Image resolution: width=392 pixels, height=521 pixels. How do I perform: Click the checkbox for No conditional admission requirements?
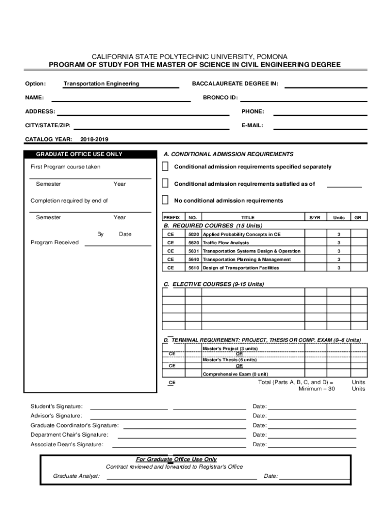[165, 199]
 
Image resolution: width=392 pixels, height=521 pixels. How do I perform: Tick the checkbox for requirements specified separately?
[165, 166]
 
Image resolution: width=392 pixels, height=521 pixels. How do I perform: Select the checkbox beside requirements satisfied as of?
[165, 183]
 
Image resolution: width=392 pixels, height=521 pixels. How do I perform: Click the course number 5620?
[193, 243]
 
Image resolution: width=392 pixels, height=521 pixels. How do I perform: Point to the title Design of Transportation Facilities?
[241, 268]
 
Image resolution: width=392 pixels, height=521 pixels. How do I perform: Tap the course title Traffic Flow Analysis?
[226, 243]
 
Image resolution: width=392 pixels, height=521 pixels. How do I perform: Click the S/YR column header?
[315, 217]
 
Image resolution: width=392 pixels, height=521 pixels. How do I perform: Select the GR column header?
[358, 217]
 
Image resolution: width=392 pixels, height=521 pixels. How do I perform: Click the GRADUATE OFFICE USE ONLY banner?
[79, 154]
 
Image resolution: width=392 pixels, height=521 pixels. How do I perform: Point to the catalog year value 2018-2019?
[94, 139]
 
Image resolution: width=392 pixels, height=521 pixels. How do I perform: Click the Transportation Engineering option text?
[101, 83]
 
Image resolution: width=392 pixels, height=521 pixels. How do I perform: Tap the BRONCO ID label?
[220, 97]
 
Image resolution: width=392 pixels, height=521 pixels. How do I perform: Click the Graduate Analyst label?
[76, 476]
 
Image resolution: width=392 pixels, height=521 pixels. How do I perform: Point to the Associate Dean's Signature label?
[67, 444]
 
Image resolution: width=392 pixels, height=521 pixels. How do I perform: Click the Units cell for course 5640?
[339, 259]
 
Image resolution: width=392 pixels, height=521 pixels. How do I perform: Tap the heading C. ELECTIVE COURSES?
[213, 284]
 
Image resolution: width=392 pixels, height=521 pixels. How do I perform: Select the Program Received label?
[54, 242]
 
